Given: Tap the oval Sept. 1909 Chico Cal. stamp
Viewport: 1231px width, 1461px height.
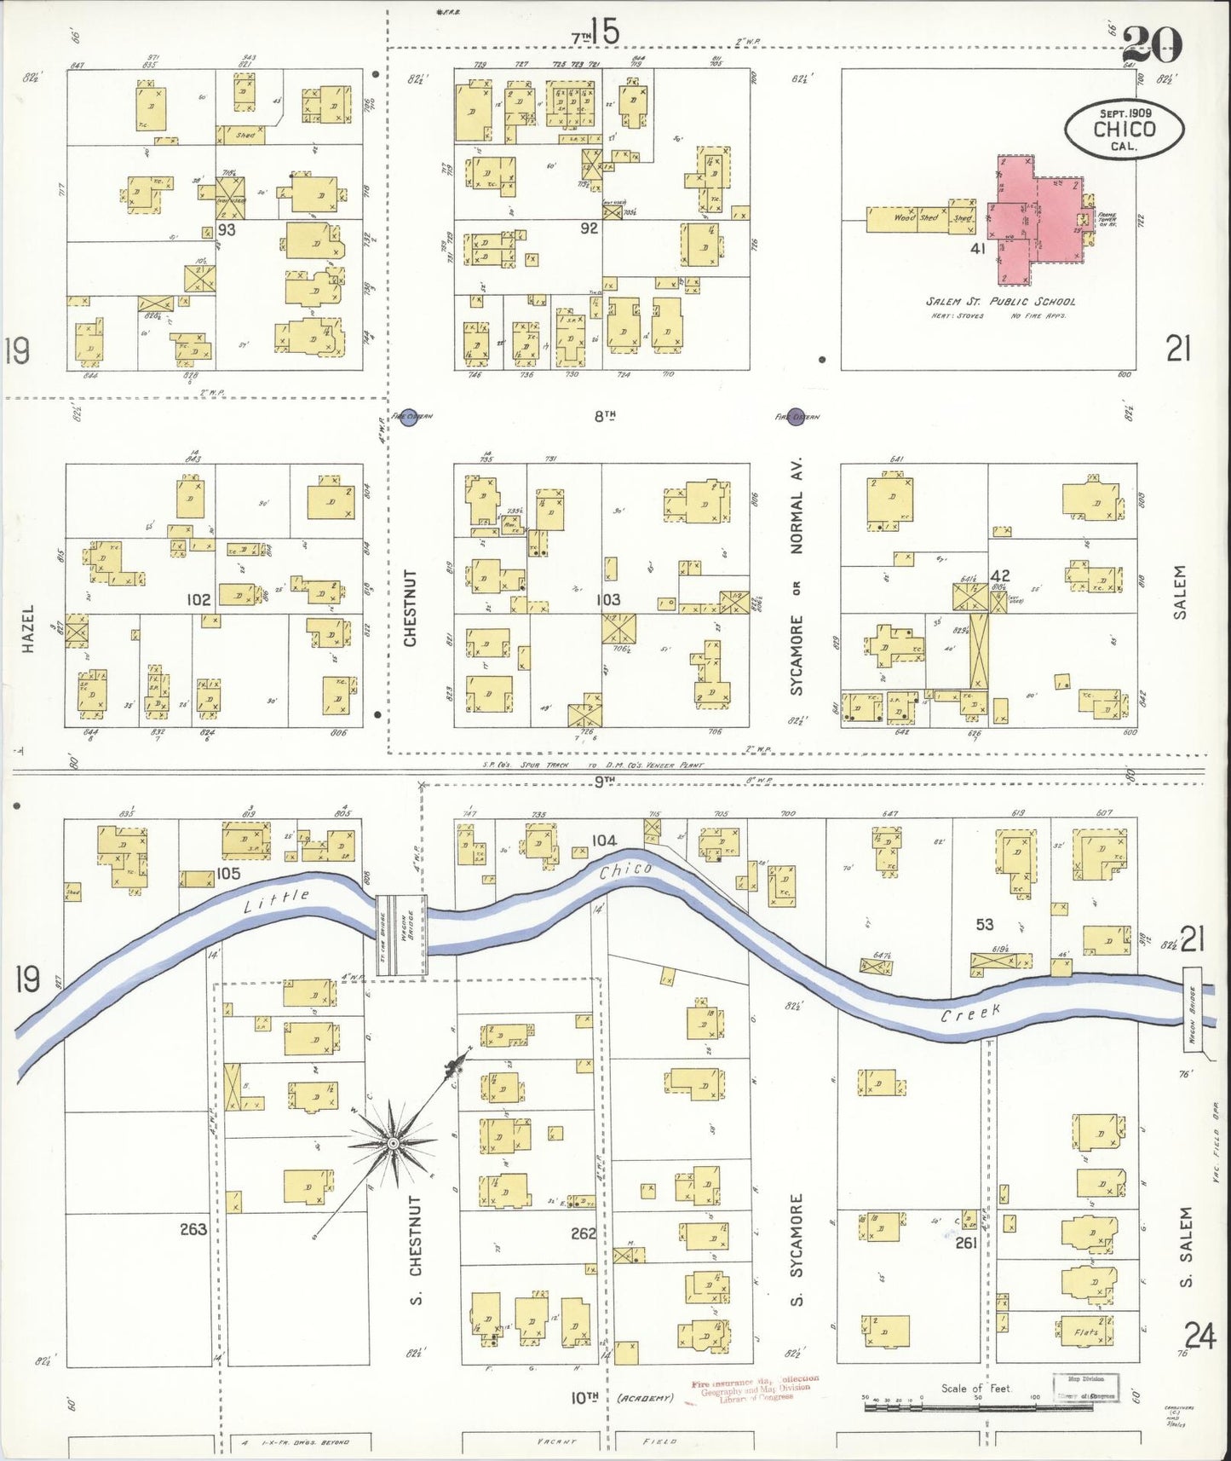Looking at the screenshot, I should (x=1124, y=129).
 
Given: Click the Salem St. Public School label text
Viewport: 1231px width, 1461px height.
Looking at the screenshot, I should (x=1000, y=301).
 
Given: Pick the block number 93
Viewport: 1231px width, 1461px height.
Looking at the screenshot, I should (x=227, y=229).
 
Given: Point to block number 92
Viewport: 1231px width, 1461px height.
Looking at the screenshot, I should (x=589, y=228).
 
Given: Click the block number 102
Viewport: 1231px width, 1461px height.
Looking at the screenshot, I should (x=198, y=600).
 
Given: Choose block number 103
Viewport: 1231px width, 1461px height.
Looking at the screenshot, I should (x=608, y=599).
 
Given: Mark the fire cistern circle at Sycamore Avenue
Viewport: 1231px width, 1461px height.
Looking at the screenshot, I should (x=797, y=416).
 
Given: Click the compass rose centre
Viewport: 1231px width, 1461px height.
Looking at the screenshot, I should (x=393, y=1142).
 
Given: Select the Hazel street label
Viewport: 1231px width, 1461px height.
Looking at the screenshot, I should (x=28, y=629).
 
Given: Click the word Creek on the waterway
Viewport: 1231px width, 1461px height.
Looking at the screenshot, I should (x=970, y=1014).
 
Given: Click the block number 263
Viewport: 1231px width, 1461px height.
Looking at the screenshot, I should (x=193, y=1228).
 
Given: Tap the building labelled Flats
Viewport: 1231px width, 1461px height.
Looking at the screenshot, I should (x=1086, y=1331).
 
